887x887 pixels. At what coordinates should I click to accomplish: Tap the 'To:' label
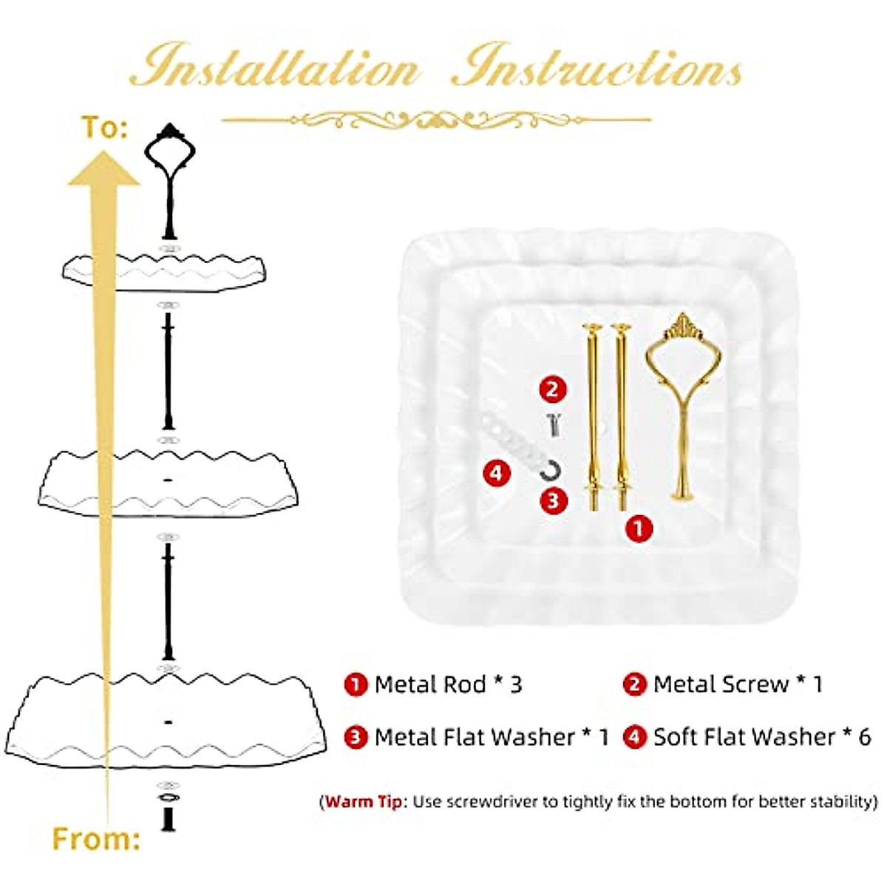[104, 127]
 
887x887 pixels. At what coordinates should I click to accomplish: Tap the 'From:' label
[96, 839]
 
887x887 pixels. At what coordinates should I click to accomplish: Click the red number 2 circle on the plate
[553, 389]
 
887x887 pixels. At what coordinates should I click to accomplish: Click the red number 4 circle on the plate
[497, 472]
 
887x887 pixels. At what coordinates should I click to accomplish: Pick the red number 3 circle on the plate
[554, 501]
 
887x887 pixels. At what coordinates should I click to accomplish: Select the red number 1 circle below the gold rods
[639, 528]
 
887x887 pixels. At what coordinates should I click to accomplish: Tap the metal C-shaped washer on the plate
[550, 470]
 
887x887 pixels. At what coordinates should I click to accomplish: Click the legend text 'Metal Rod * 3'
[448, 684]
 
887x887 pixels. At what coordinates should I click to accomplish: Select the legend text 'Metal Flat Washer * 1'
[492, 737]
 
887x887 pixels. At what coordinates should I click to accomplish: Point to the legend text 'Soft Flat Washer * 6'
[761, 737]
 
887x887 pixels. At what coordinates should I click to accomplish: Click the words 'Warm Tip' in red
[364, 802]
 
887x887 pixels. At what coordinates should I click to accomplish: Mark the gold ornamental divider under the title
[436, 119]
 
